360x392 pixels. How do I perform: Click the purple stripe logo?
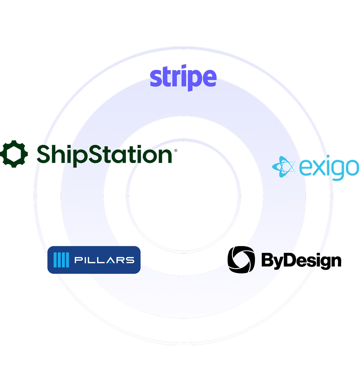point(183,78)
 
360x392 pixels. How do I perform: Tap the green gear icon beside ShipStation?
point(13,154)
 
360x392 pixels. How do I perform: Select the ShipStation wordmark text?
point(105,154)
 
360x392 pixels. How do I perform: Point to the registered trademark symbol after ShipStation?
point(175,150)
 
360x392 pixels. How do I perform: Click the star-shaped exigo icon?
point(283,167)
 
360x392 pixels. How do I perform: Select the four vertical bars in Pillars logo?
point(61,260)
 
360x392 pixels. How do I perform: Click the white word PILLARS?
point(104,260)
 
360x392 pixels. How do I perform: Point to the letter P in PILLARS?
point(78,260)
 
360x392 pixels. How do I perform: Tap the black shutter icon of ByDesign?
point(241,260)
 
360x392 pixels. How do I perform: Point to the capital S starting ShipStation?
point(44,154)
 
